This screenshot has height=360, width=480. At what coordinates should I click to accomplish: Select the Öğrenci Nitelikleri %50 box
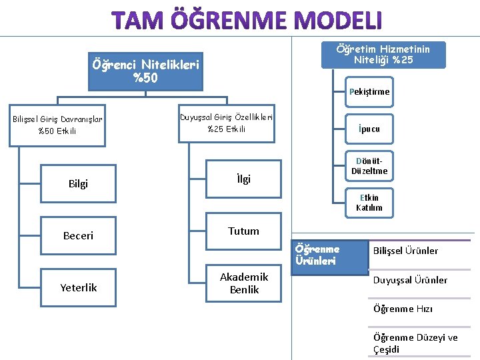(145, 72)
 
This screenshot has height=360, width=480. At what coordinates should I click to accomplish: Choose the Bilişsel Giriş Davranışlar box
(57, 125)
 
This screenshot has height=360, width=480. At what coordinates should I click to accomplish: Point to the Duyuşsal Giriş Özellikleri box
(226, 123)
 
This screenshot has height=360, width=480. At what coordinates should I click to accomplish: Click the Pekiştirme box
(369, 92)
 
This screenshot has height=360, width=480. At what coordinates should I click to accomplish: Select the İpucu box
(369, 129)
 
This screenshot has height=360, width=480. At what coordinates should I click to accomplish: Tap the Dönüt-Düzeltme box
(369, 167)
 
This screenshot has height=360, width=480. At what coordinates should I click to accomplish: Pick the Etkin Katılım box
(369, 203)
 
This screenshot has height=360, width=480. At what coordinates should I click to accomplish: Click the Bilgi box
(78, 183)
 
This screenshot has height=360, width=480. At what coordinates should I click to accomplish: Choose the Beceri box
(78, 235)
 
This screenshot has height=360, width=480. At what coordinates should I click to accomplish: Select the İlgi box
(243, 179)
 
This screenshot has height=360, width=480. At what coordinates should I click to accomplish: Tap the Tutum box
(243, 231)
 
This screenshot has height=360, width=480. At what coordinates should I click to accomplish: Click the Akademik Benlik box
(243, 283)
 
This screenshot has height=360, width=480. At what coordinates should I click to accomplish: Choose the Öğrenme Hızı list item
(403, 309)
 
